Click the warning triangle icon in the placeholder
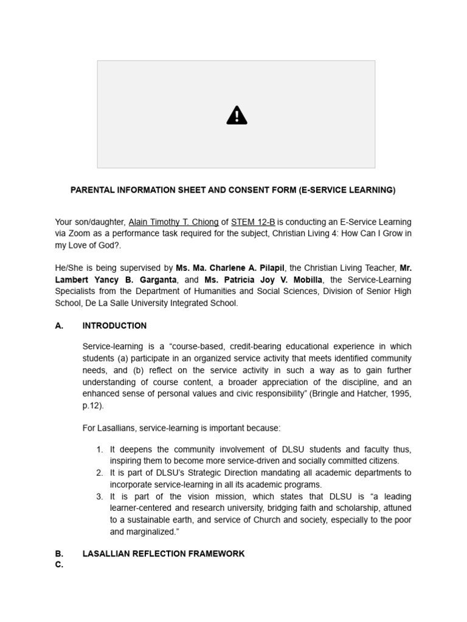pyautogui.click(x=237, y=115)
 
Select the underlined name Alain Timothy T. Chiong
pyautogui.click(x=173, y=222)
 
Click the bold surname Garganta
pyautogui.click(x=157, y=280)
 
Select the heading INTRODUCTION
pyautogui.click(x=114, y=326)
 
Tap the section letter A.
pyautogui.click(x=59, y=326)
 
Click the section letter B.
pyautogui.click(x=59, y=554)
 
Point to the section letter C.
pyautogui.click(x=59, y=565)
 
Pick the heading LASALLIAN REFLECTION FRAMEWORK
pyautogui.click(x=163, y=554)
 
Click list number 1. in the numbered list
pyautogui.click(x=100, y=449)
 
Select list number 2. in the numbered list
pyautogui.click(x=100, y=473)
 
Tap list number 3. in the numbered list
pyautogui.click(x=100, y=496)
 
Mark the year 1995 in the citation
pyautogui.click(x=401, y=394)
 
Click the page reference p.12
pyautogui.click(x=92, y=406)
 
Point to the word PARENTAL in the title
pyautogui.click(x=91, y=190)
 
